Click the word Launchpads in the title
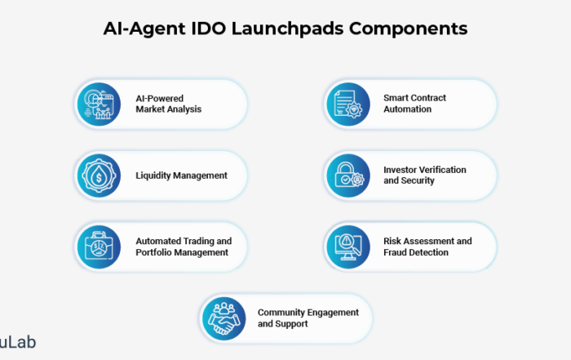pos(287,29)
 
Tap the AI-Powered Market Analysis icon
pos(99,104)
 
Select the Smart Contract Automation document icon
pos(348,104)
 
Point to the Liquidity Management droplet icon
pos(99,176)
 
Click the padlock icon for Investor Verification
pos(348,176)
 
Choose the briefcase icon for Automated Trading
pos(99,247)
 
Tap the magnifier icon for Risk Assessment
pos(348,247)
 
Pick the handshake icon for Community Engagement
pos(224,319)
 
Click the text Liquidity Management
pos(181,176)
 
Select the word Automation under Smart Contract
pos(407,109)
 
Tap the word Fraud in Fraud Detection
pos(394,252)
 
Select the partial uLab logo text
pos(17,342)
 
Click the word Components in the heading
pos(408,29)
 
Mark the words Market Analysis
pos(169,109)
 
